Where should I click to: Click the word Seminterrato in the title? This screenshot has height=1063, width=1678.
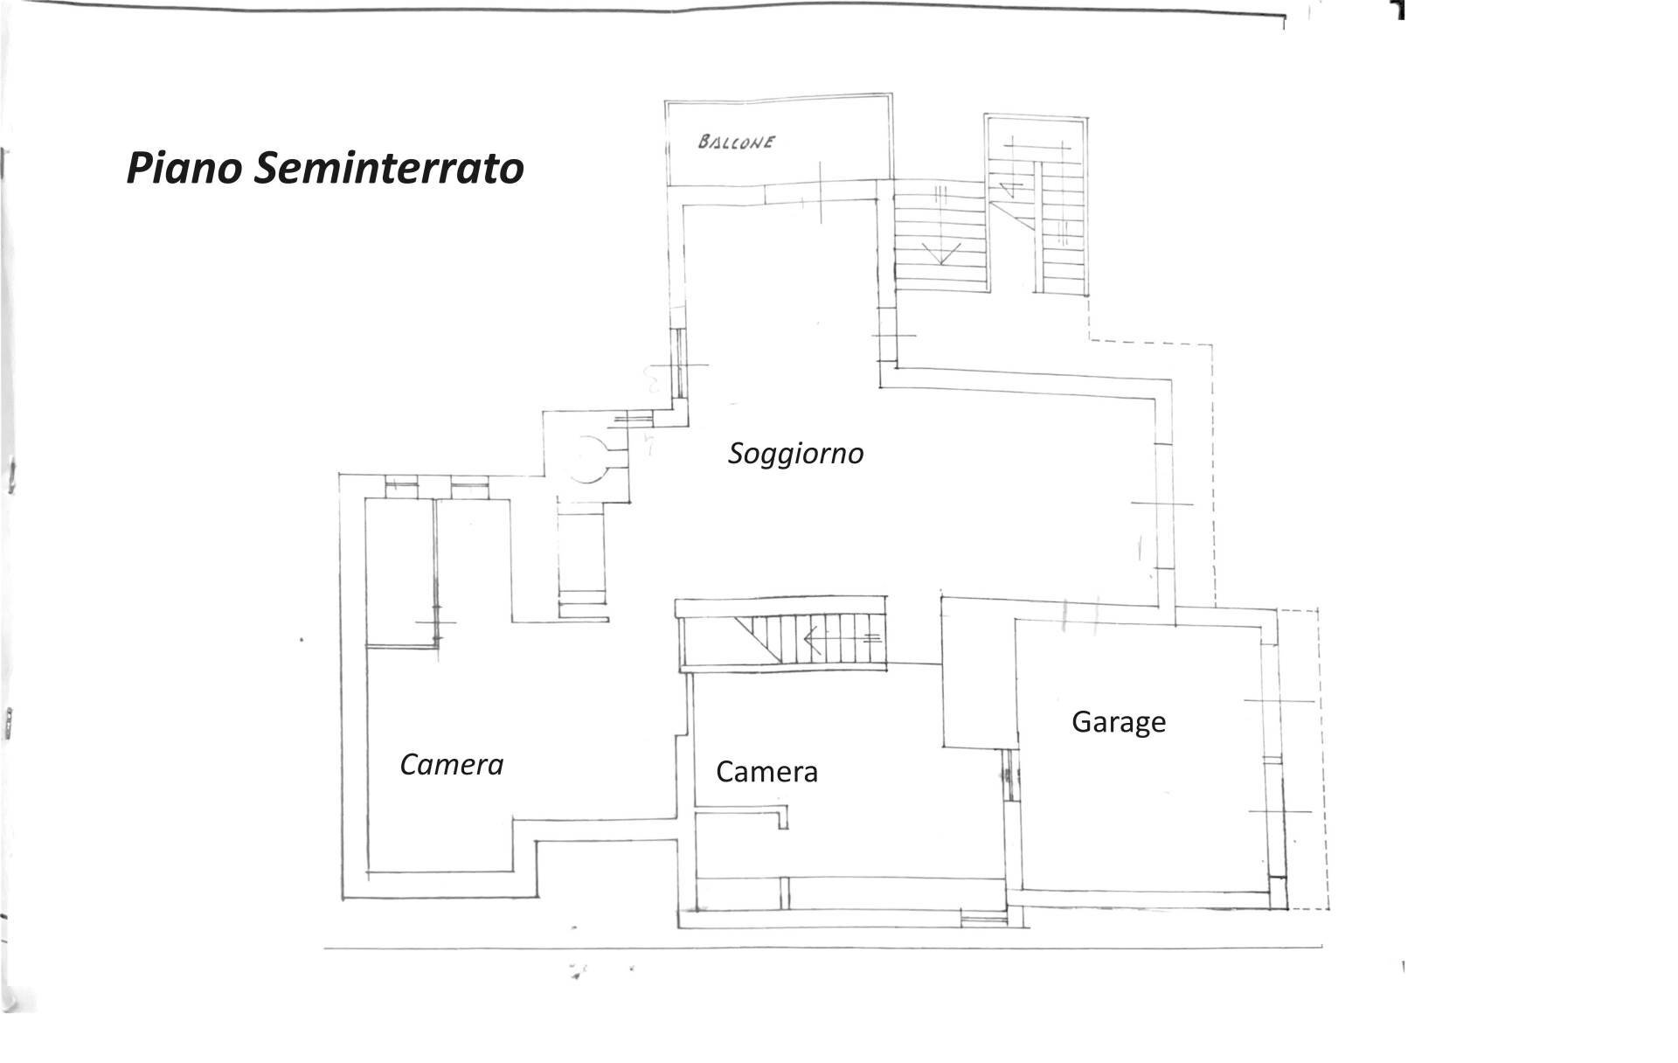click(389, 168)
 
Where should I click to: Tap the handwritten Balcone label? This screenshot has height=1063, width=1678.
click(736, 142)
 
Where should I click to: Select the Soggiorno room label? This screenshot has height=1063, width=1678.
click(795, 454)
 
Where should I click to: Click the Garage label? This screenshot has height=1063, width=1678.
click(1119, 722)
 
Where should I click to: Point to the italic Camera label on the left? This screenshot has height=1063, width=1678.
click(451, 765)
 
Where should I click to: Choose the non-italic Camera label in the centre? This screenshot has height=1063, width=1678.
click(766, 772)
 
